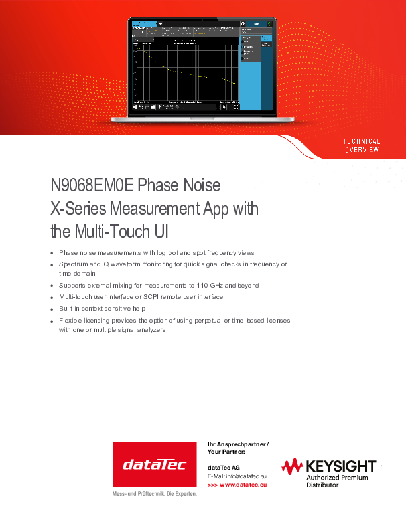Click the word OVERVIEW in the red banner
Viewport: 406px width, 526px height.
pyautogui.click(x=361, y=150)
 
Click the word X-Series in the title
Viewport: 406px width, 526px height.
pyautogui.click(x=74, y=209)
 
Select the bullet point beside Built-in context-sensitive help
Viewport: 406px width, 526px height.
pyautogui.click(x=52, y=309)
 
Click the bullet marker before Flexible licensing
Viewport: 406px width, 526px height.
pyautogui.click(x=52, y=321)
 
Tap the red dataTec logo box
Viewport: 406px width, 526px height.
pyautogui.click(x=155, y=464)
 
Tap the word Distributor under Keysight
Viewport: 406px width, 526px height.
pyautogui.click(x=322, y=485)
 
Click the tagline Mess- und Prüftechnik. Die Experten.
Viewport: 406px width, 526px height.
pyautogui.click(x=155, y=495)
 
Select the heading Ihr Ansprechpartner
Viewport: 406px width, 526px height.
pyautogui.click(x=237, y=444)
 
